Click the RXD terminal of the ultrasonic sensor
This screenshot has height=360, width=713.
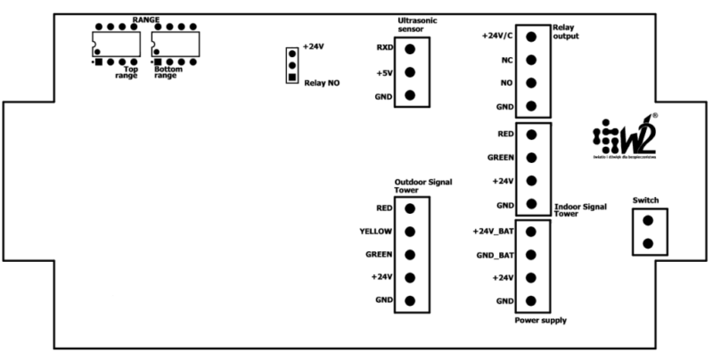pos(409,48)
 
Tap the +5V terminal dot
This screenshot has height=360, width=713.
pos(409,72)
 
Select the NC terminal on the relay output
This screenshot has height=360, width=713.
pos(531,60)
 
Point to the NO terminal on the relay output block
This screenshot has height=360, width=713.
pos(531,83)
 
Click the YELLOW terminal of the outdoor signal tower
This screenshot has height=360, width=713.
pos(409,232)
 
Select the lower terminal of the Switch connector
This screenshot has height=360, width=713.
pos(648,243)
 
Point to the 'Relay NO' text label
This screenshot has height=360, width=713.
pos(322,83)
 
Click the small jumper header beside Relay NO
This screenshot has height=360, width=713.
pos(291,65)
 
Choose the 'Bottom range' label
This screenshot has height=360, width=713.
pos(167,72)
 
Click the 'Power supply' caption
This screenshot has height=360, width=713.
pos(542,320)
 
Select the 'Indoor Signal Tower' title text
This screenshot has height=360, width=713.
pos(580,209)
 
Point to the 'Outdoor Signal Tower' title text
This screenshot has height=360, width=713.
pos(422,185)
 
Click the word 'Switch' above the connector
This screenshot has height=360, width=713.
pos(645,200)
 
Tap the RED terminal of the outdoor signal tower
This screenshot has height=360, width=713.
pos(409,209)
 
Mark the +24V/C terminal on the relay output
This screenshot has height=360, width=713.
pos(531,37)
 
